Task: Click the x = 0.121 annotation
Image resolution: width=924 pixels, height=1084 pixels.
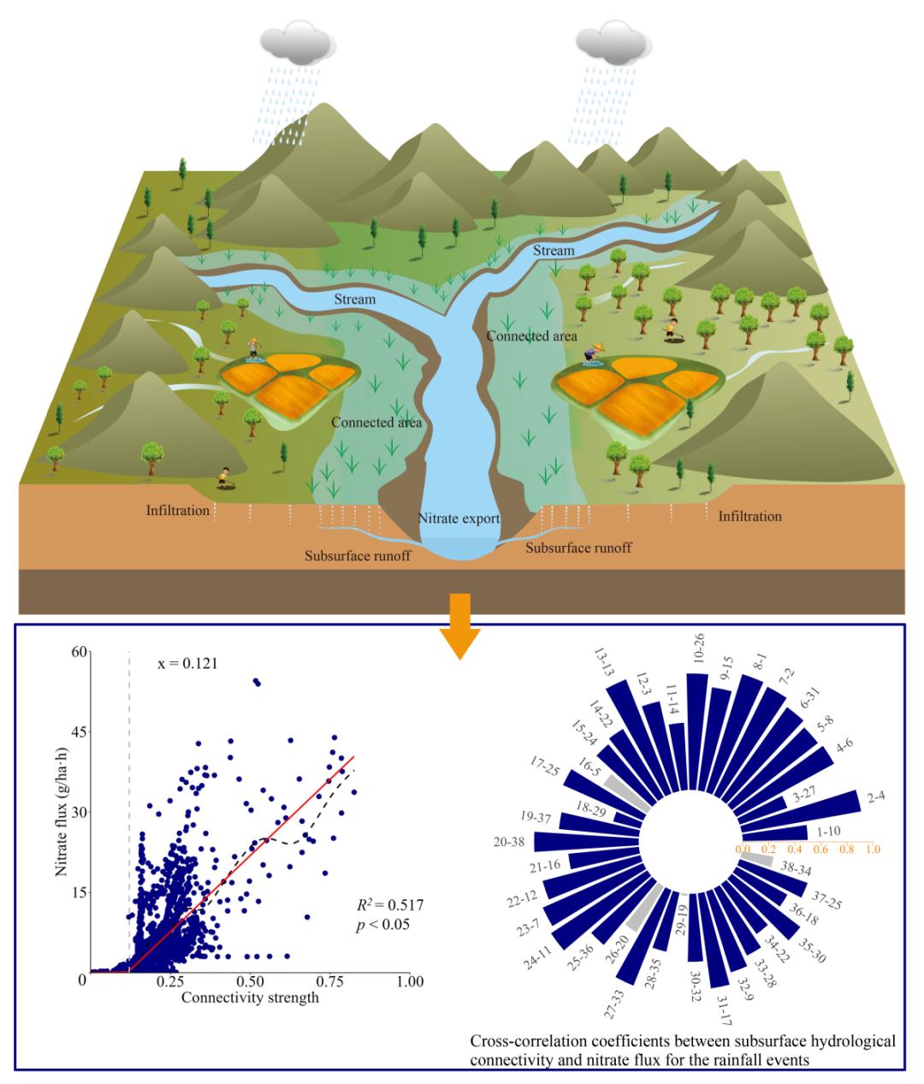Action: tap(187, 663)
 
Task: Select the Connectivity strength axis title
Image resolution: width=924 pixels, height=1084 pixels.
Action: tap(250, 998)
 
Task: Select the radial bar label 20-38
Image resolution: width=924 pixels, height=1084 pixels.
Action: tap(509, 842)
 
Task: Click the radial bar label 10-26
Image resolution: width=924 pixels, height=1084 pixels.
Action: tap(698, 649)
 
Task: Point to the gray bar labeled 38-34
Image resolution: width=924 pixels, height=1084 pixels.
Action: tap(756, 858)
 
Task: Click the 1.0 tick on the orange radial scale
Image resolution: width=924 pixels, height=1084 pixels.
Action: tap(873, 849)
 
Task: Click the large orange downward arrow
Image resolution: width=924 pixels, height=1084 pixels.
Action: tap(459, 626)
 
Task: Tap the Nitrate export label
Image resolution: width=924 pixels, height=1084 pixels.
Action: tap(459, 518)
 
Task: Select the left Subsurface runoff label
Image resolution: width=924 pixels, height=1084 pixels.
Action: tap(358, 556)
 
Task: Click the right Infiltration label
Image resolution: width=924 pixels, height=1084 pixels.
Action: tap(750, 517)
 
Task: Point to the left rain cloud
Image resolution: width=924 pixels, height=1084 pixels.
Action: tap(298, 46)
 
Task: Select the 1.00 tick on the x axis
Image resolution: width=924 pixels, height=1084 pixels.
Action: tap(410, 980)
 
